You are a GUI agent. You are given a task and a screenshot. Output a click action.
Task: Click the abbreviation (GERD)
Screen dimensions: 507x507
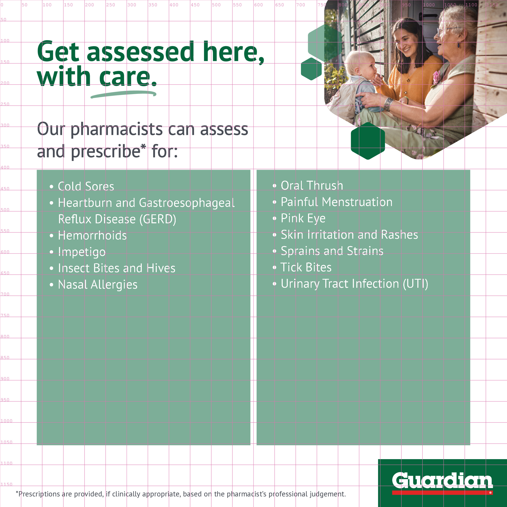(x=158, y=219)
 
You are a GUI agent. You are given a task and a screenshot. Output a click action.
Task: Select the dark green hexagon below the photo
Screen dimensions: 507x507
(x=368, y=141)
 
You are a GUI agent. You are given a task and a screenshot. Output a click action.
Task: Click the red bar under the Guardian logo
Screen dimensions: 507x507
(x=443, y=493)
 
